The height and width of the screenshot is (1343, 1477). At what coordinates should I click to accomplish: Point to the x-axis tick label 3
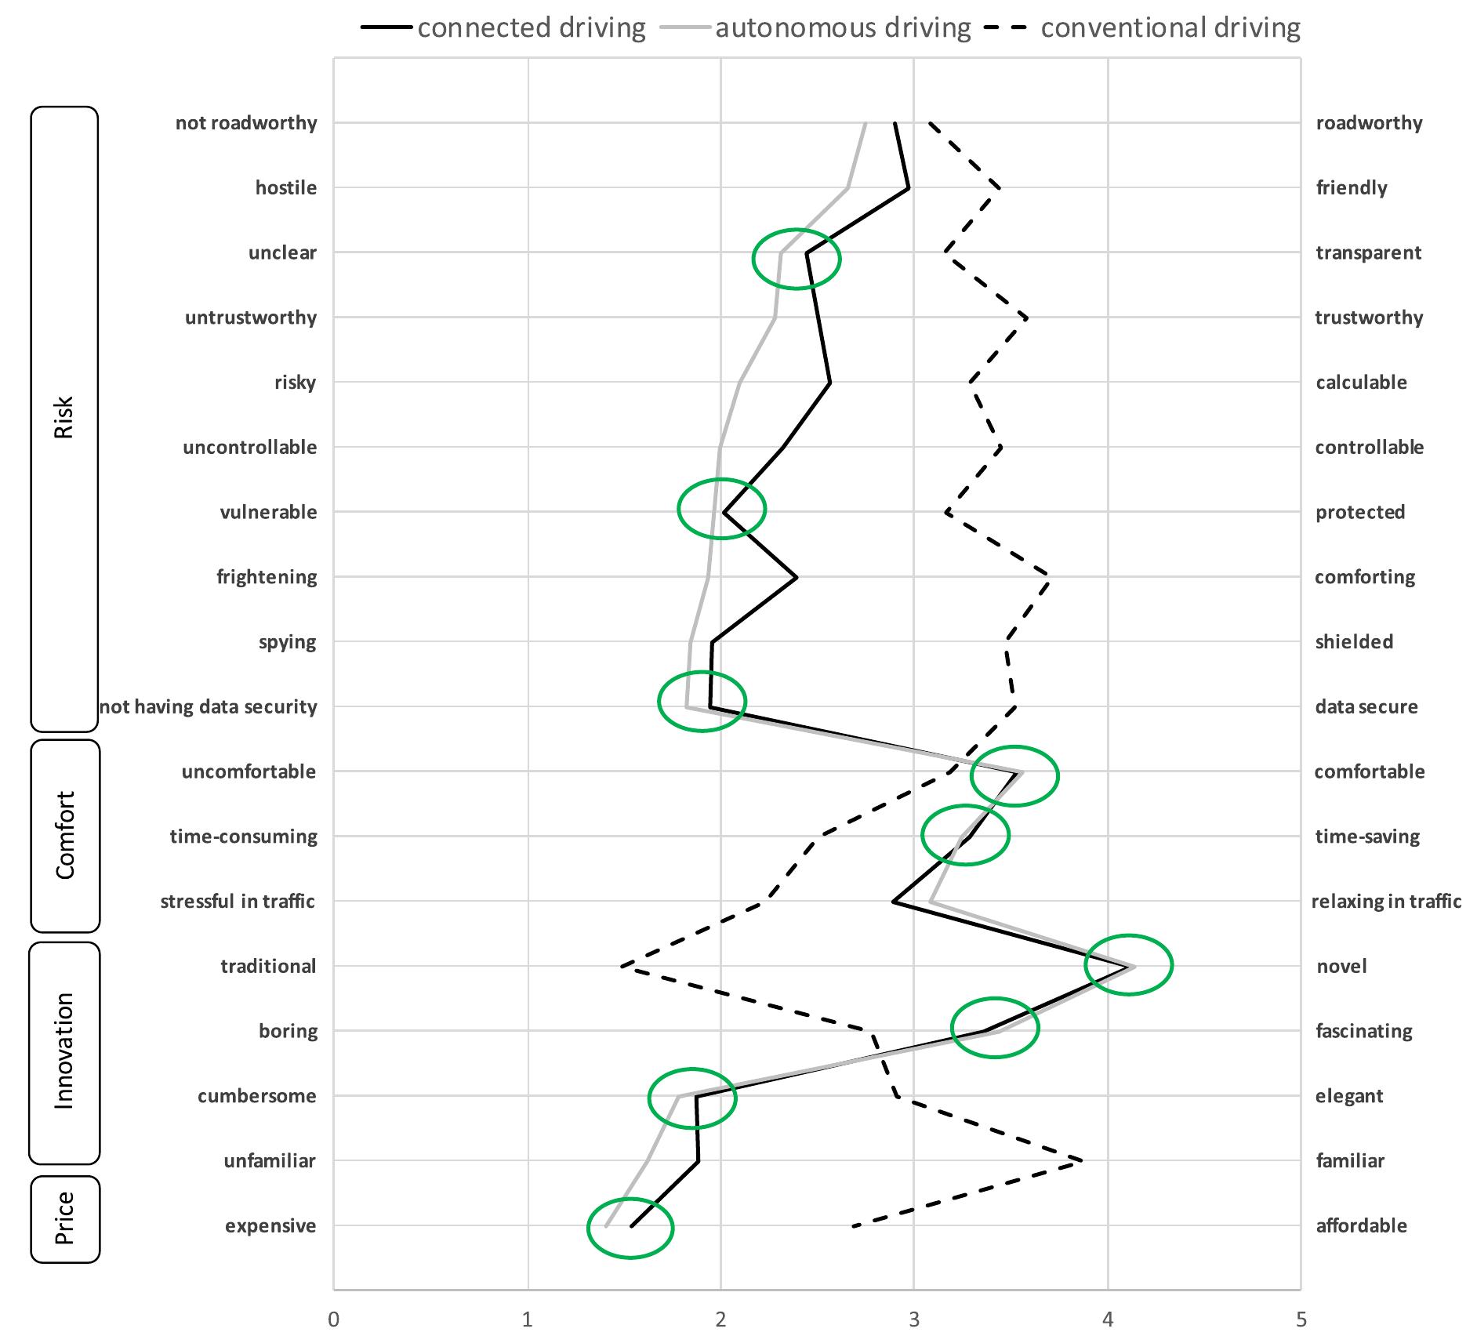(914, 1319)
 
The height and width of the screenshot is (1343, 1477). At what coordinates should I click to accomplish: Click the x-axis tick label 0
(334, 1319)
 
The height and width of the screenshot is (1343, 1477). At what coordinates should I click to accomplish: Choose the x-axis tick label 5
(1301, 1319)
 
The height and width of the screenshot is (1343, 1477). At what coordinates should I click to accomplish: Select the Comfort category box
(65, 835)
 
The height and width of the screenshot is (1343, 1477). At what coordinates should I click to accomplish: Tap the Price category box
(65, 1218)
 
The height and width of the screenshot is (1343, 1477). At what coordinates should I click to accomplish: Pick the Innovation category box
(64, 1052)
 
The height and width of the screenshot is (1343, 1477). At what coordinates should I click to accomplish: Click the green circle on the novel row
(1128, 964)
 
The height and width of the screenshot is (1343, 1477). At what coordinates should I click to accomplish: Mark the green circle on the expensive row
(630, 1228)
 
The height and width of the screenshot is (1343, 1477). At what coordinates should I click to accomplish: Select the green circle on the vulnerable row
(721, 508)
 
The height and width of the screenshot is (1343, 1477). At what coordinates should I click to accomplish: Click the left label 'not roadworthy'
(246, 123)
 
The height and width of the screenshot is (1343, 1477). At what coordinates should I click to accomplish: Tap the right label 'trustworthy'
(1369, 318)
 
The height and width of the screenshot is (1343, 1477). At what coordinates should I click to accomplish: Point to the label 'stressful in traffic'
(238, 901)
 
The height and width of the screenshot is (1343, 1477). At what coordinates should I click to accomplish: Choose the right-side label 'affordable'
(1361, 1225)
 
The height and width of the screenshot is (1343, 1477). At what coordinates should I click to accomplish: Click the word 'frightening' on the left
(267, 577)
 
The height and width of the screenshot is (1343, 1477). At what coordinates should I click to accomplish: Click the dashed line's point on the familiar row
(1082, 1160)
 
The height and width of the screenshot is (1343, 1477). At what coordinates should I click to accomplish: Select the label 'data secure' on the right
(1366, 706)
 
